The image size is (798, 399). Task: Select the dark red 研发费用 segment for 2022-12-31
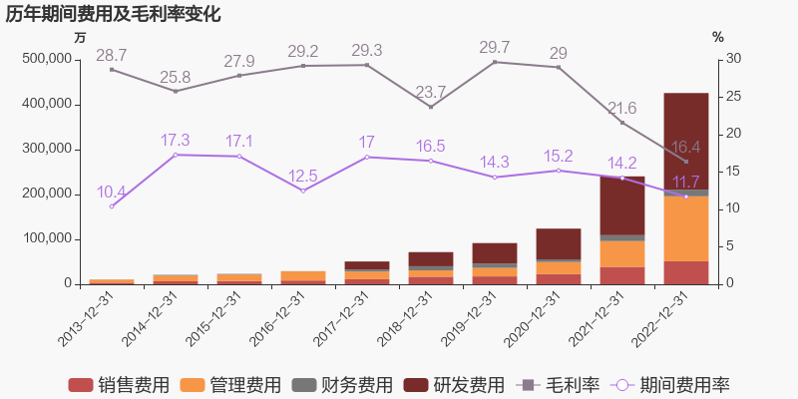(x=685, y=141)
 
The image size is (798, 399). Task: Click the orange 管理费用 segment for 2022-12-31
(x=685, y=228)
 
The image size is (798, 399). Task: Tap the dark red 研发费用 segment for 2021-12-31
(x=621, y=205)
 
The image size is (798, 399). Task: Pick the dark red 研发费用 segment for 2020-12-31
(x=558, y=243)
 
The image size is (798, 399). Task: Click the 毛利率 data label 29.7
(x=495, y=48)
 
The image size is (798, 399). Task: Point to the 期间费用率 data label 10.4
(x=111, y=192)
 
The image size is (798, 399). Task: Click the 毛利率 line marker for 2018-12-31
(x=431, y=107)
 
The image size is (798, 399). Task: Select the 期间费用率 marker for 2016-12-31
(x=303, y=191)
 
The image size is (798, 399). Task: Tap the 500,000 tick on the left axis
(x=46, y=59)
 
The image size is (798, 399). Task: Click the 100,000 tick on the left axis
(x=46, y=238)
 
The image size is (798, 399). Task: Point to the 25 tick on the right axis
(x=732, y=97)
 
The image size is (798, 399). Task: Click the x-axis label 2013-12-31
(x=86, y=319)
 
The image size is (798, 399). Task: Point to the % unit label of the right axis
(x=717, y=37)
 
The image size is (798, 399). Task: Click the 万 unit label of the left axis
(x=81, y=37)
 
